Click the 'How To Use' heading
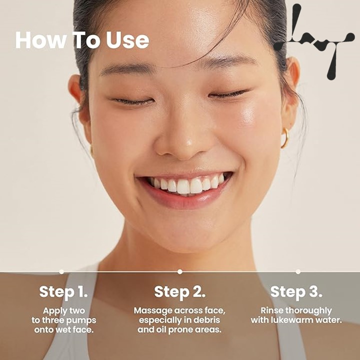coord(82,40)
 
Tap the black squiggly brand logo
coord(314,41)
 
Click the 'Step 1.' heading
coord(63,292)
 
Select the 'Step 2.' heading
coord(180,292)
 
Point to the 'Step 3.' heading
coord(296,292)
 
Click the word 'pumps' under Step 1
coord(82,320)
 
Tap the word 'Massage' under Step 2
coord(153,311)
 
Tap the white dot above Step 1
coord(61,272)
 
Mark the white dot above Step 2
coord(180,272)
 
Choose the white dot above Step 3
coord(298,272)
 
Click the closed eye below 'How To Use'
coord(132,101)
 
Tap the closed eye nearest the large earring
coord(229,93)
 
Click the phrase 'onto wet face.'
coord(64,330)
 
